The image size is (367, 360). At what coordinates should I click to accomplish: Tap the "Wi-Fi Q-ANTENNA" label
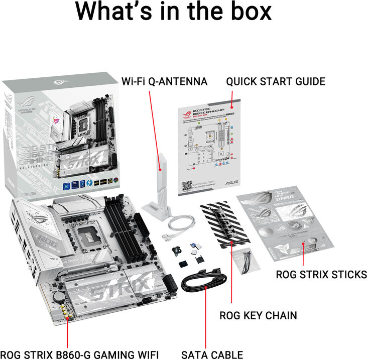(x=165, y=81)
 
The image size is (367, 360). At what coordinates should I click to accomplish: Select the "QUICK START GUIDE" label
(x=275, y=81)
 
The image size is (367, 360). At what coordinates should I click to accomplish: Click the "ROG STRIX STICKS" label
(x=321, y=275)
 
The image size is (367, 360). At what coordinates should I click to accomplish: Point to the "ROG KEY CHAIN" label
(x=258, y=315)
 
